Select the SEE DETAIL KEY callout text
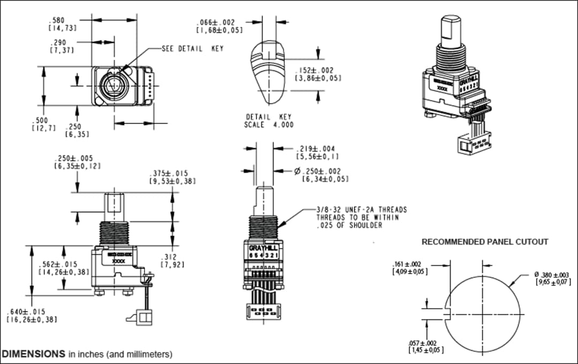tap(192, 49)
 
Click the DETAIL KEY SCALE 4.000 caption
tap(270, 121)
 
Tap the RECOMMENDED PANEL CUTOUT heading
tap(485, 242)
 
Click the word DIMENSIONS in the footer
tap(34, 354)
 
